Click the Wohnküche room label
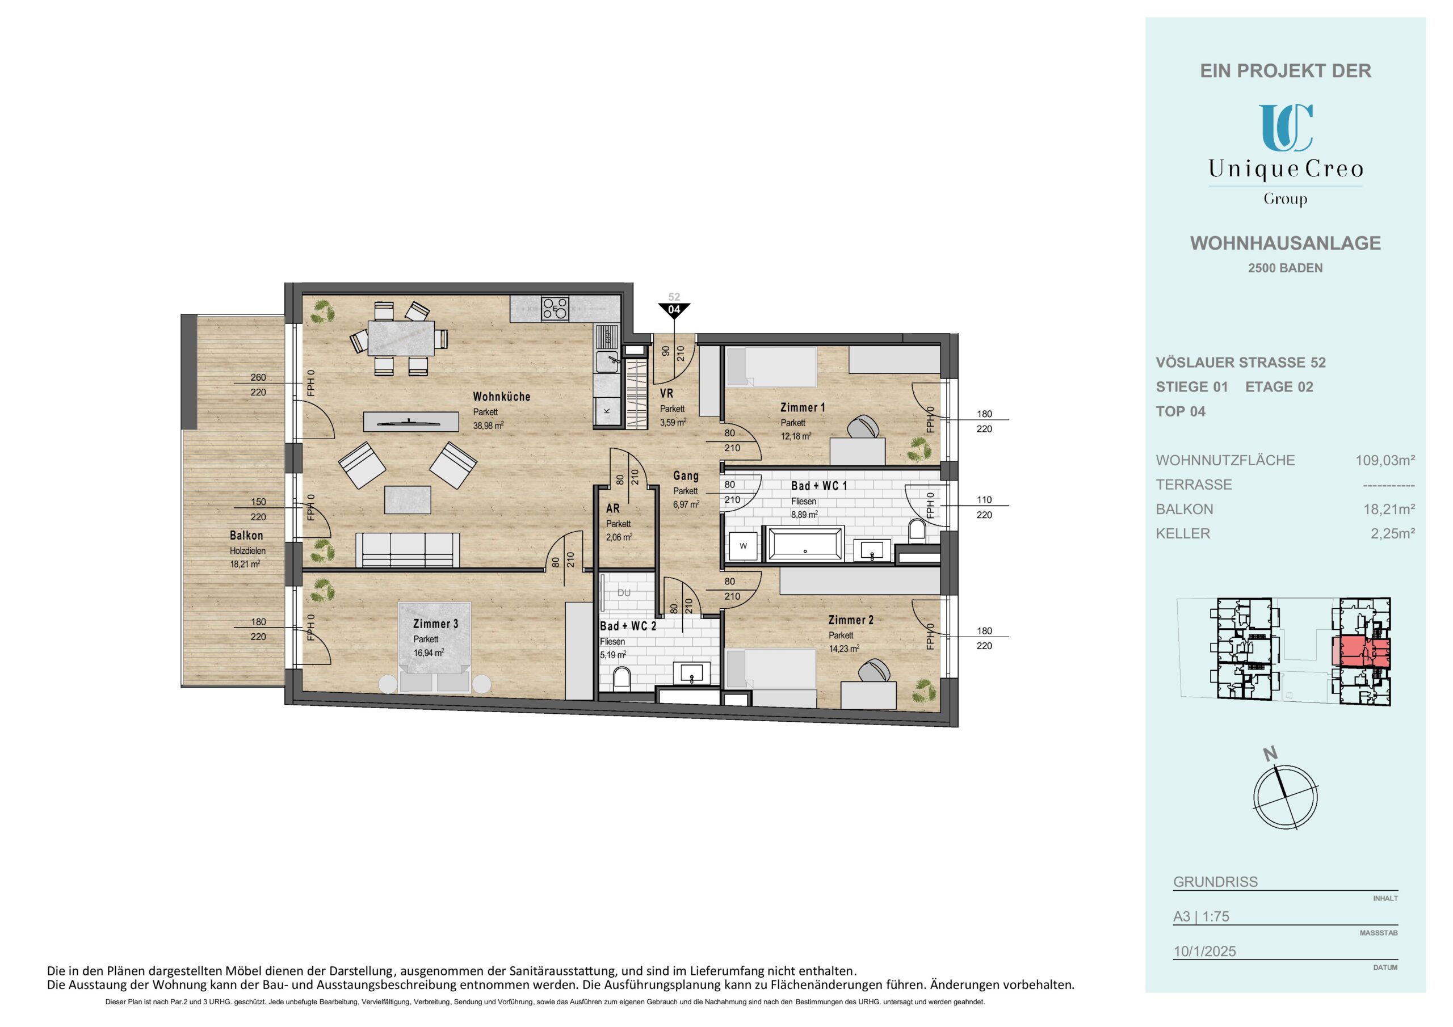point(501,397)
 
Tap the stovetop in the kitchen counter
point(555,308)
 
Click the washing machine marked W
point(744,545)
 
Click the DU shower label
point(624,593)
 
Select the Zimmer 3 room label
point(435,624)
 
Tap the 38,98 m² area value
point(488,426)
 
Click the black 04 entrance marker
point(674,310)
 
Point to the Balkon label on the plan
point(246,535)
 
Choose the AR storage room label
point(612,508)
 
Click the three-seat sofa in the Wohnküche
point(408,549)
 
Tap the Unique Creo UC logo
point(1286,128)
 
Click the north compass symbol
point(1286,796)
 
